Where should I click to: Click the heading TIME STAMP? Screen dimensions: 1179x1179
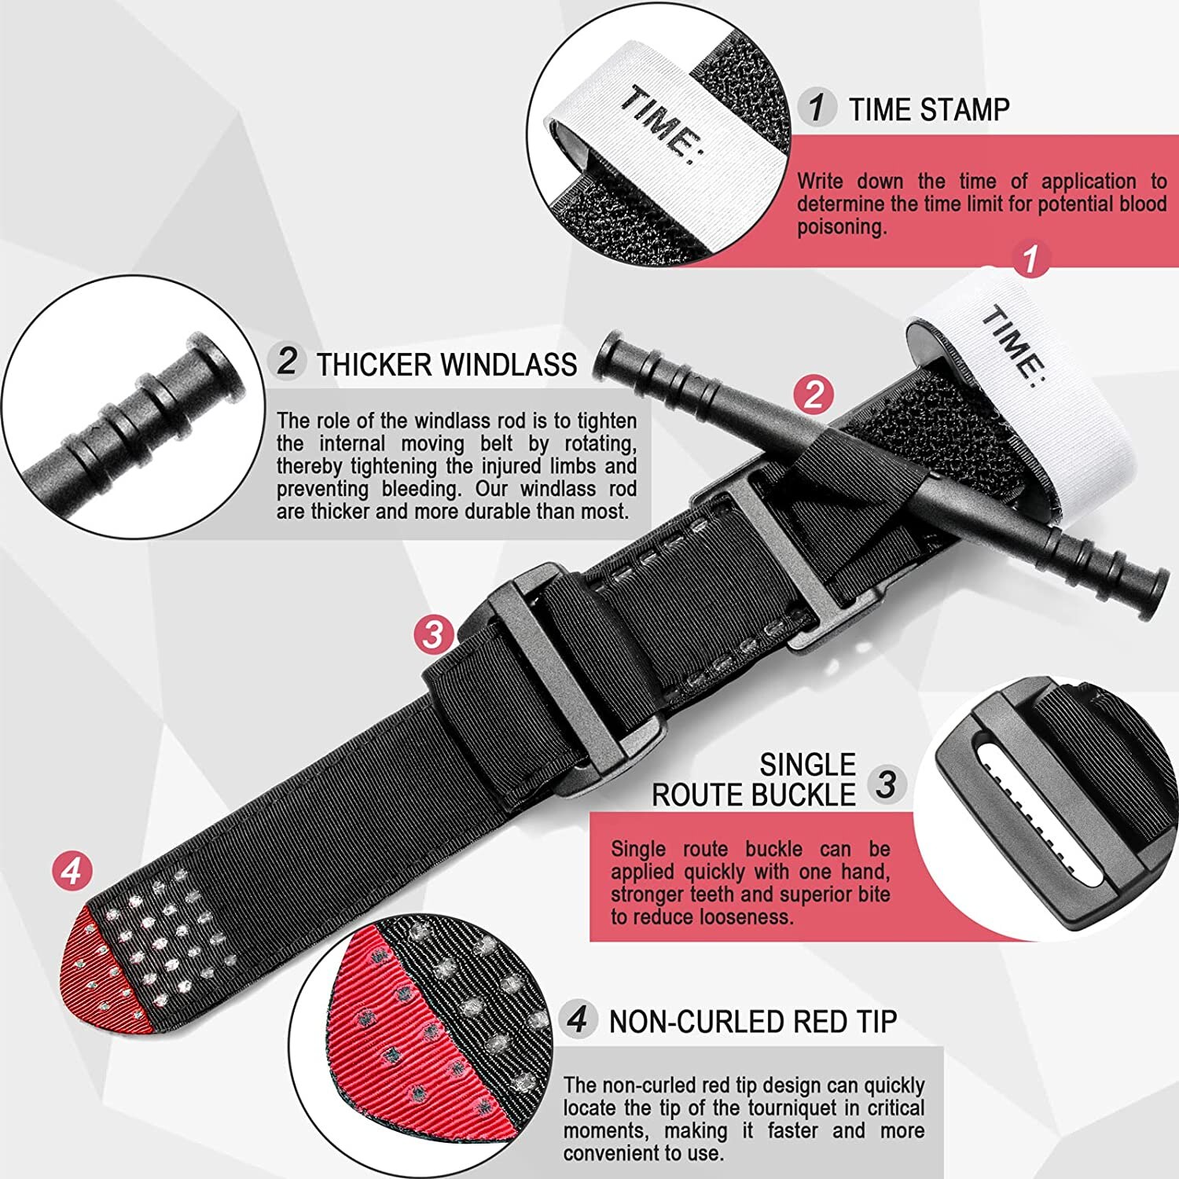click(x=928, y=109)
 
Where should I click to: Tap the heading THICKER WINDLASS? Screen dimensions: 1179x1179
click(x=446, y=365)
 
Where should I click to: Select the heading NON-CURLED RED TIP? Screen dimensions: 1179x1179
click(x=752, y=1021)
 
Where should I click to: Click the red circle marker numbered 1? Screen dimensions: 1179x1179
click(x=1030, y=259)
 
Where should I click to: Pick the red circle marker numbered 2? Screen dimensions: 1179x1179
click(x=813, y=394)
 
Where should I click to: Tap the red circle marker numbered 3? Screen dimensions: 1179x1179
click(x=434, y=634)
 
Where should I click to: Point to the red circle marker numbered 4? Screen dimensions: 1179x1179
click(x=72, y=872)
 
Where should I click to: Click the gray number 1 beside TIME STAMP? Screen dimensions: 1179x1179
click(x=817, y=107)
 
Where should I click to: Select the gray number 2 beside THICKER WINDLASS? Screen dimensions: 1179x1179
click(x=287, y=362)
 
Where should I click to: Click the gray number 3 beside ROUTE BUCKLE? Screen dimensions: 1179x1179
click(x=887, y=784)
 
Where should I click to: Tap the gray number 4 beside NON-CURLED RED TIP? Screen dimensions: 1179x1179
click(x=578, y=1019)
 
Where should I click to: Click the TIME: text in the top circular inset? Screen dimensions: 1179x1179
click(x=660, y=126)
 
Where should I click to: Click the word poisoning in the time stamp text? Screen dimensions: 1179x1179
click(x=840, y=227)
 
